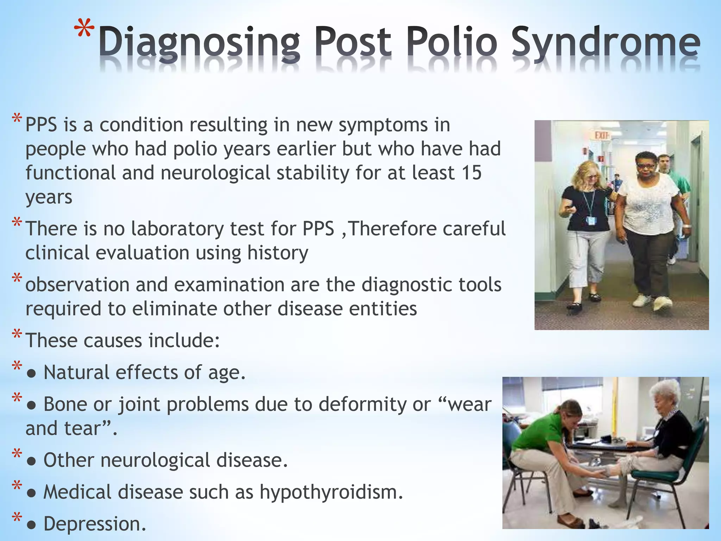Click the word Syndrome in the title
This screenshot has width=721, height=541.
[606, 43]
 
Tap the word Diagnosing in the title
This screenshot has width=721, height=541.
[199, 43]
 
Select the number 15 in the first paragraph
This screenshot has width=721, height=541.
[471, 173]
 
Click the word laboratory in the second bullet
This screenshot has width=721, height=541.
[177, 229]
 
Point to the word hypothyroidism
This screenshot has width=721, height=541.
[331, 492]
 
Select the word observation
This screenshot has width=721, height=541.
[77, 285]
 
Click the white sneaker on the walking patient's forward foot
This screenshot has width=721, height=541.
[662, 303]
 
